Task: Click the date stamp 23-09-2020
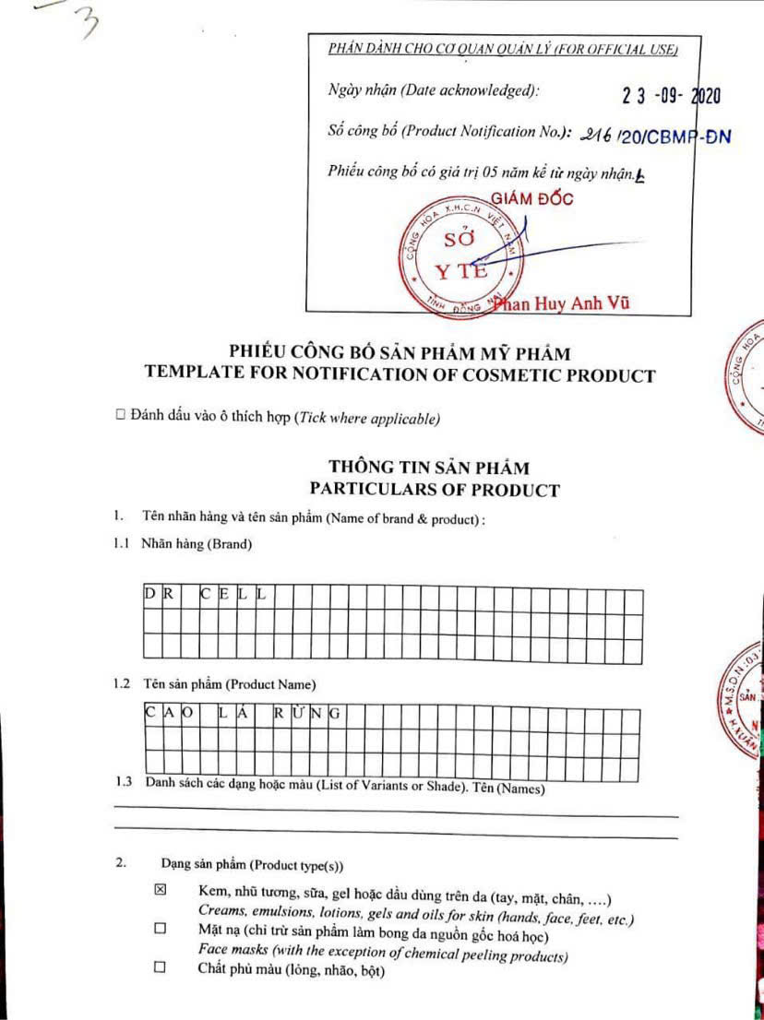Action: pyautogui.click(x=672, y=95)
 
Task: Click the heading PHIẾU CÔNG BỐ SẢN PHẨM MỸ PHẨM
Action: pyautogui.click(x=400, y=352)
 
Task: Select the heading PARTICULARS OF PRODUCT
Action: pyautogui.click(x=434, y=490)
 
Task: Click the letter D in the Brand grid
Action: pyautogui.click(x=149, y=595)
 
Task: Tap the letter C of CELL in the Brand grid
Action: pyautogui.click(x=208, y=595)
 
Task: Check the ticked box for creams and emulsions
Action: pyautogui.click(x=160, y=890)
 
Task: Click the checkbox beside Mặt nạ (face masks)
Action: pyautogui.click(x=160, y=929)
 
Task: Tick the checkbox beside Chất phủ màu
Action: pyautogui.click(x=160, y=967)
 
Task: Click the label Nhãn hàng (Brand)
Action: pyautogui.click(x=196, y=544)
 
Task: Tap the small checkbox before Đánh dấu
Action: pyautogui.click(x=120, y=417)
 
